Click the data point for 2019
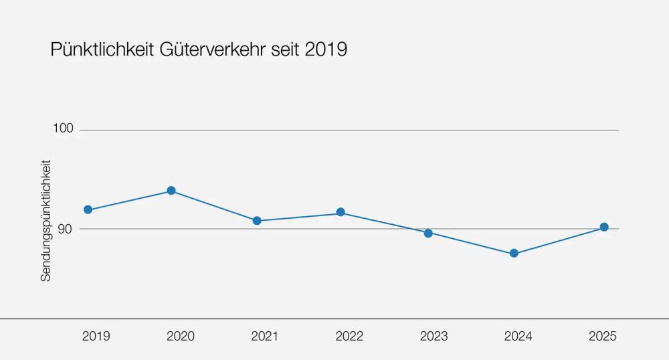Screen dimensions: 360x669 (88, 210)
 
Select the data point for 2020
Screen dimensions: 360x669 (171, 191)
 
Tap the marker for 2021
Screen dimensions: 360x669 (257, 221)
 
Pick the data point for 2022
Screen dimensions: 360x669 (341, 212)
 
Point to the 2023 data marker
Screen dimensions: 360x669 (428, 233)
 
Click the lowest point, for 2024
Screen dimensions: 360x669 (514, 254)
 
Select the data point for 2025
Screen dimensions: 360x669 (604, 227)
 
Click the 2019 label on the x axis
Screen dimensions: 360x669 (96, 337)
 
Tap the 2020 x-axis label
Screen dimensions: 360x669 (181, 337)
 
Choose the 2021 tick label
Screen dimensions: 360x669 (265, 337)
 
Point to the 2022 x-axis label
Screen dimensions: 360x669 (349, 337)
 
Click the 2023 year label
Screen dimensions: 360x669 (434, 337)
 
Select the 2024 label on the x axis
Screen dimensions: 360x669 (518, 337)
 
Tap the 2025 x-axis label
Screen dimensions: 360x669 (603, 337)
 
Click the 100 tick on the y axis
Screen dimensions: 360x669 (62, 128)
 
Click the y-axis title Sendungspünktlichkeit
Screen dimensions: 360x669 (46, 220)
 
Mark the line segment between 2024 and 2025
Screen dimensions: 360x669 (559, 240)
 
